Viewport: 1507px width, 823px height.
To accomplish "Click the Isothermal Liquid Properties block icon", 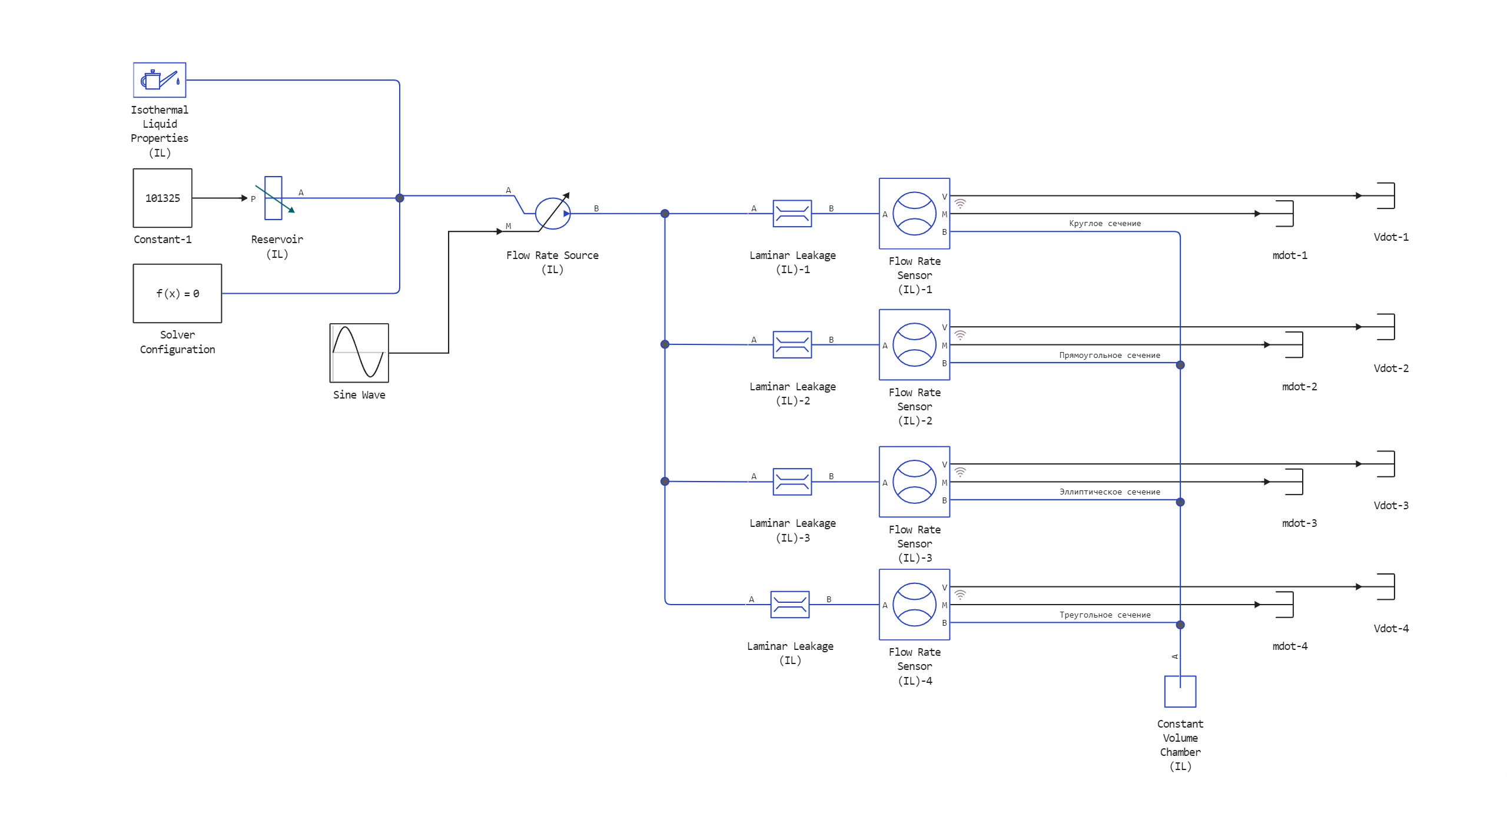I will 160,80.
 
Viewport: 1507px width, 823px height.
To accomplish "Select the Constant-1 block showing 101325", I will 162,198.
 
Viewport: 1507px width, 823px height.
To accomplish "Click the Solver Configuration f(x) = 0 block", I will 177,293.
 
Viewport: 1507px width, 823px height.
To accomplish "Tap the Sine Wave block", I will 359,353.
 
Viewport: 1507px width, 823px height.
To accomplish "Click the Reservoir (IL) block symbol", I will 274,198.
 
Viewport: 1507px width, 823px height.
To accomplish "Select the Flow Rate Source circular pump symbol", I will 552,213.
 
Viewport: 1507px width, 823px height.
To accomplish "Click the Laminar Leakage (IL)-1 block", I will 792,213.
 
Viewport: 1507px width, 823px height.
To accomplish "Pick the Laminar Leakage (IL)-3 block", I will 792,482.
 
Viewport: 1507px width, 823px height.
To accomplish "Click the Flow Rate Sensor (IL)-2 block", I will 914,344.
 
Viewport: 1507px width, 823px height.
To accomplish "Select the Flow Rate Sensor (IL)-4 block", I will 914,605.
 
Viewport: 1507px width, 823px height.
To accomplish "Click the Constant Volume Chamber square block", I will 1180,692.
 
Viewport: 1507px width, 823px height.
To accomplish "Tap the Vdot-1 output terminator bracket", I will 1386,195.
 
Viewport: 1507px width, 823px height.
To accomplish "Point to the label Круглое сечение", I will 1105,224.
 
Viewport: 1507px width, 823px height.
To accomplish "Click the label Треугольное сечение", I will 1105,615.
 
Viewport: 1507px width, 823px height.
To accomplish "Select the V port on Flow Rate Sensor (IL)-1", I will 944,197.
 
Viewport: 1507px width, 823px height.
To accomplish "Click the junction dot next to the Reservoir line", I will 400,198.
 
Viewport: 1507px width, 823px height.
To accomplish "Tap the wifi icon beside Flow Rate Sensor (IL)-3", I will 960,472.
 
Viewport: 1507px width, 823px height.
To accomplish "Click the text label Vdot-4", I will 1391,629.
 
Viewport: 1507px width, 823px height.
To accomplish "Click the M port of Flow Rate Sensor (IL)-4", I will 944,605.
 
